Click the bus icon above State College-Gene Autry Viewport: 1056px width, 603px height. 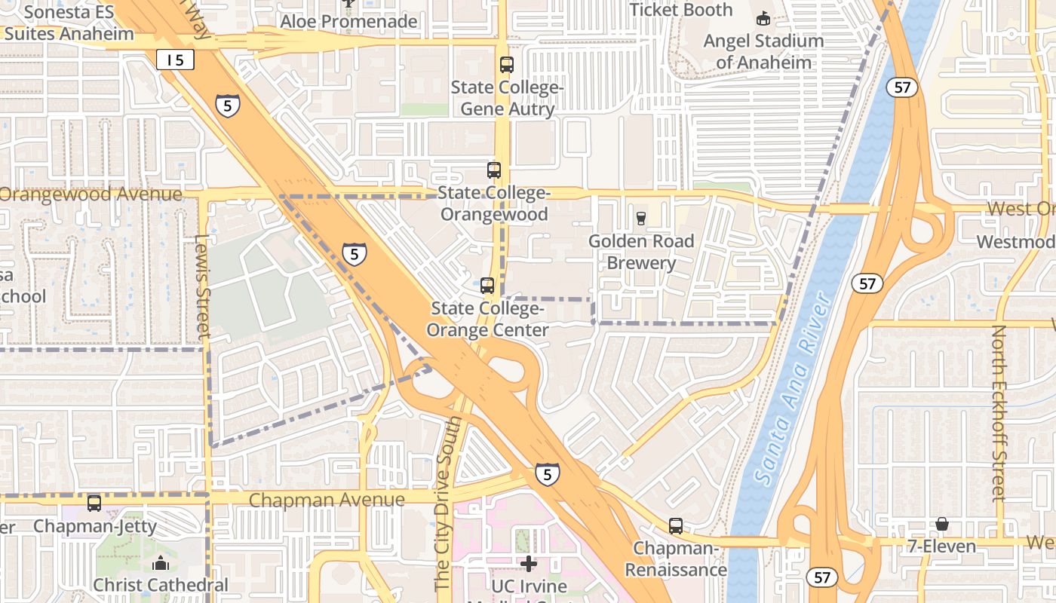[506, 65]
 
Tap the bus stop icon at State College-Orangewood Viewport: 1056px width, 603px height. [493, 170]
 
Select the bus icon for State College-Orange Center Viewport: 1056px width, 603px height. [487, 286]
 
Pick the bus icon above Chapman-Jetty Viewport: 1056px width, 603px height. [94, 504]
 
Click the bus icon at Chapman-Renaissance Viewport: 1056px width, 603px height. [675, 526]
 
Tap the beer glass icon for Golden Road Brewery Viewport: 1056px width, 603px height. [640, 219]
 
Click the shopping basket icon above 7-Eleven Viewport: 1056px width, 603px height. [941, 524]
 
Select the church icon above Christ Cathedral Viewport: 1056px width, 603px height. [160, 563]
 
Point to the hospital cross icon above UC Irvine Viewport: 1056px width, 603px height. [529, 563]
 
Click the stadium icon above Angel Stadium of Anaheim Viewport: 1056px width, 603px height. [763, 18]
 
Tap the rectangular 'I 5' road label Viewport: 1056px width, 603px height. [176, 60]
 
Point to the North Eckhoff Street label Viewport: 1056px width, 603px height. [999, 413]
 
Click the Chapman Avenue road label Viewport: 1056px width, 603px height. [327, 500]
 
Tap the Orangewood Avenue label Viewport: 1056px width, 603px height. [91, 194]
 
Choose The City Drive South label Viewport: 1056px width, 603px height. [443, 502]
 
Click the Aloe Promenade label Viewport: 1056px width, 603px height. [348, 21]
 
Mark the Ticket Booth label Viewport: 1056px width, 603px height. [680, 10]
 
